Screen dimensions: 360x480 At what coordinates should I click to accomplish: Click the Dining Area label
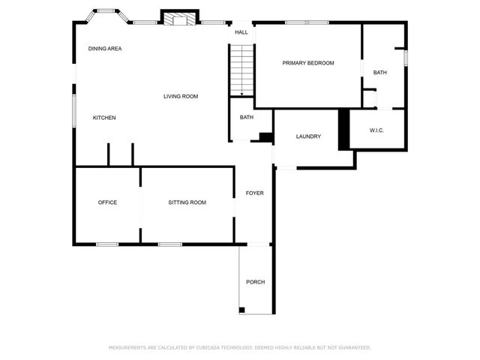click(105, 49)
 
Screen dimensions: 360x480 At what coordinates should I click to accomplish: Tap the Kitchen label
click(104, 118)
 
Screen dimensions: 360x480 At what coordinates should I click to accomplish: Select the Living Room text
click(181, 96)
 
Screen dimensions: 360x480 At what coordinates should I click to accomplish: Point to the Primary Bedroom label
click(307, 63)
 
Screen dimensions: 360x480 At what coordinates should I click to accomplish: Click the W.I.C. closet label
click(376, 130)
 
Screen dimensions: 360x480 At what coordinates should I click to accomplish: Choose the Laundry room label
click(308, 136)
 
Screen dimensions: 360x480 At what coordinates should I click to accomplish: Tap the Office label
click(107, 202)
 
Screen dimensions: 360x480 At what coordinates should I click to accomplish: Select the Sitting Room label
click(187, 202)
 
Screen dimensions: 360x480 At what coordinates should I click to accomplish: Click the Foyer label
click(255, 193)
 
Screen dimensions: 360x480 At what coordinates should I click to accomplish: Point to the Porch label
click(255, 282)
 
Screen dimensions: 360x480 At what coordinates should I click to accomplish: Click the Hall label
click(241, 33)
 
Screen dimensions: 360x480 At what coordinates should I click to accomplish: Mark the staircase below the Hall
click(241, 70)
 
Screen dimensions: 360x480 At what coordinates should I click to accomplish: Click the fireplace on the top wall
click(180, 19)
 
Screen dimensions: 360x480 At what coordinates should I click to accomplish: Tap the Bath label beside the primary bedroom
click(380, 73)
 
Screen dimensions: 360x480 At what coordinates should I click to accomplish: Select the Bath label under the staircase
click(247, 118)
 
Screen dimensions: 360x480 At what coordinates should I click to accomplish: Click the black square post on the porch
click(242, 310)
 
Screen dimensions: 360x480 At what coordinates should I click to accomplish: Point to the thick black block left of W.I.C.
click(344, 129)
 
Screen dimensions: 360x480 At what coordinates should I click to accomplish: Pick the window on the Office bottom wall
click(107, 244)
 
